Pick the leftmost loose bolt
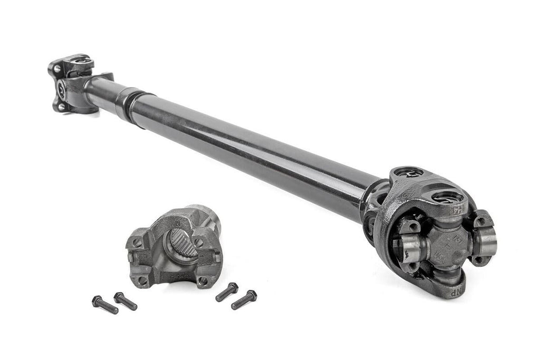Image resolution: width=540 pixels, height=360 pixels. click(104, 305)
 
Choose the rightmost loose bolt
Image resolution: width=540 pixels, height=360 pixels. click(244, 299)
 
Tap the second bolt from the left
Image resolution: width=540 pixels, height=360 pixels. click(126, 301)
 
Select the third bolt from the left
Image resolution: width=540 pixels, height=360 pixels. click(227, 292)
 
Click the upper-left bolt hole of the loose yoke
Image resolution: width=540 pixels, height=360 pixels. click(137, 243)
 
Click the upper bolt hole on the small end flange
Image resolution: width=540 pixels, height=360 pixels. click(56, 67)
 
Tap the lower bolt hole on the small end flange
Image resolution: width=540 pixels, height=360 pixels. click(62, 106)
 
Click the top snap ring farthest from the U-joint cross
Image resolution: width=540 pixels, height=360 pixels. click(407, 173)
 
